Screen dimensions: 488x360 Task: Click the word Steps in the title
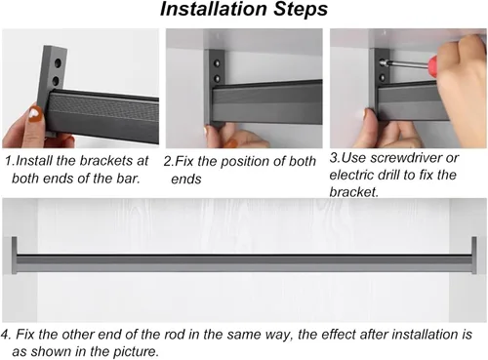tap(301, 10)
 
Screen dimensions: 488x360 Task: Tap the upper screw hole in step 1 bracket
tap(58, 62)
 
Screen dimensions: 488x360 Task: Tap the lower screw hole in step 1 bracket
tap(57, 81)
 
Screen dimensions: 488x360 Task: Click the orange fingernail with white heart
tap(35, 114)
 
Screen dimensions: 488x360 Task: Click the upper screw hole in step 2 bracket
tap(217, 63)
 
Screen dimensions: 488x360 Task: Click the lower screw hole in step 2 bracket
tap(217, 78)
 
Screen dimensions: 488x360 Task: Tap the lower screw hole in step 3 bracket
tap(383, 78)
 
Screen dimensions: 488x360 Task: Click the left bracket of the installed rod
tap(14, 255)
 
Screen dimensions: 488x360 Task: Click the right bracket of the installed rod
tap(474, 255)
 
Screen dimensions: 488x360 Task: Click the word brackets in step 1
tap(104, 161)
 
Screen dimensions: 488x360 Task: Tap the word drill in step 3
tap(409, 175)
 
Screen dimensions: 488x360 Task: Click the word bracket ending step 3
tap(353, 192)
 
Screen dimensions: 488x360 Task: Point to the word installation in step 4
tap(418, 335)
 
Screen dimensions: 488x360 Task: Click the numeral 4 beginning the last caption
tap(6, 335)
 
